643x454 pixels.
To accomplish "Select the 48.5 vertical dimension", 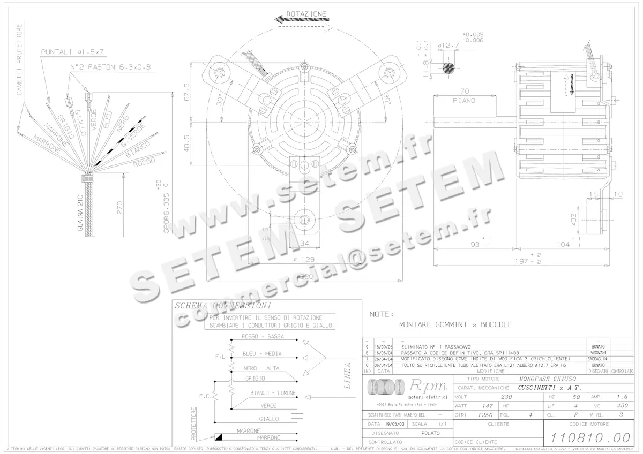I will [x=187, y=141].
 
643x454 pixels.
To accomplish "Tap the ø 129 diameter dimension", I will [x=304, y=259].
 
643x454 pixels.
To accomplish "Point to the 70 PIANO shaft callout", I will [x=464, y=95].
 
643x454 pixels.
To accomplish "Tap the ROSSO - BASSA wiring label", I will [x=262, y=337].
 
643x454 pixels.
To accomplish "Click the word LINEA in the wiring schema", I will [x=347, y=375].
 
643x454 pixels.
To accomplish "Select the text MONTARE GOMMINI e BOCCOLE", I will [x=455, y=324].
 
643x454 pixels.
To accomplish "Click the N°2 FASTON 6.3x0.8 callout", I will [x=110, y=67].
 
